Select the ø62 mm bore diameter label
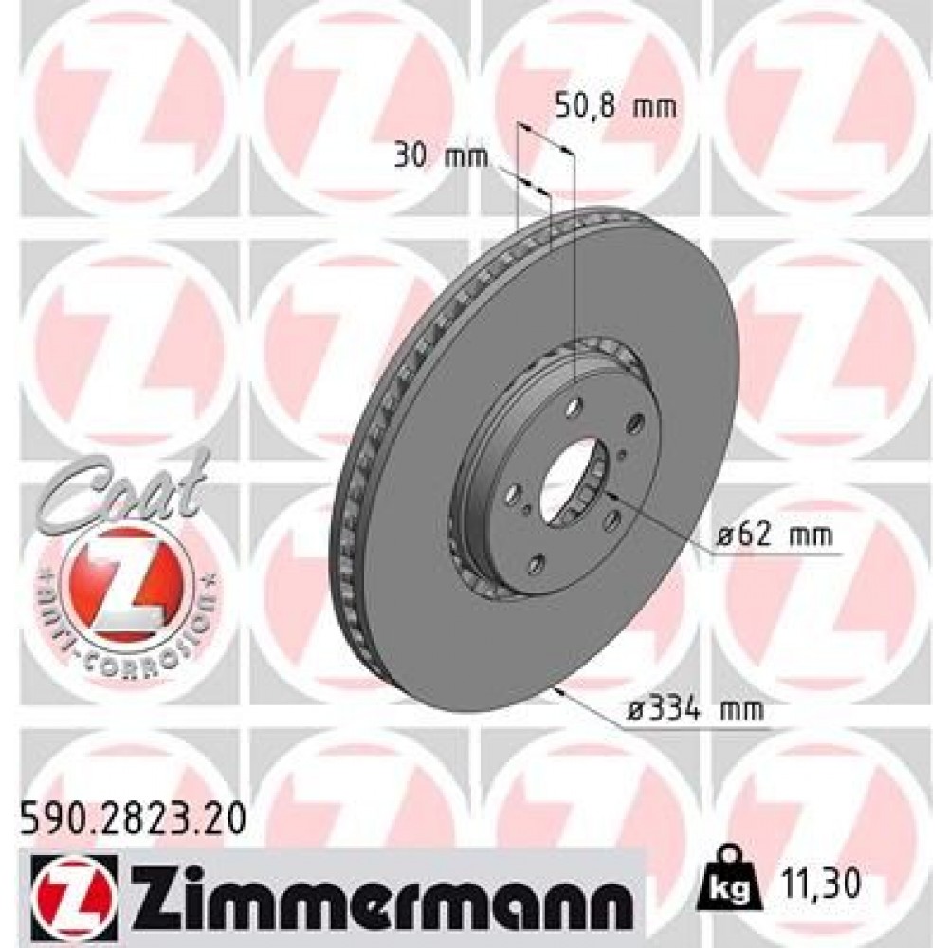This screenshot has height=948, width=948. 775,537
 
